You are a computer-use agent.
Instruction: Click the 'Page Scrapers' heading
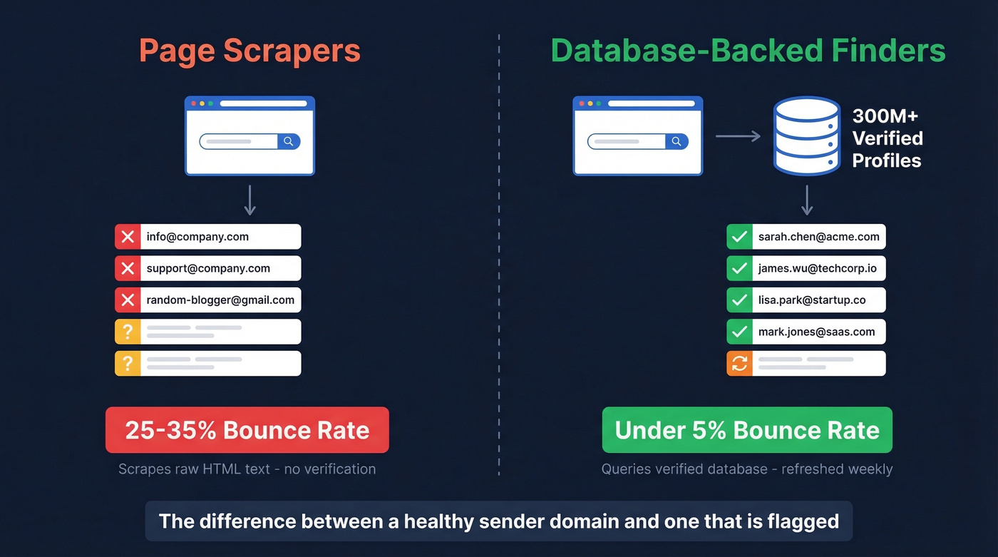[249, 51]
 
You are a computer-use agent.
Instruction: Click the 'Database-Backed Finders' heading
[748, 51]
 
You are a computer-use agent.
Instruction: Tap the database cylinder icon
[807, 136]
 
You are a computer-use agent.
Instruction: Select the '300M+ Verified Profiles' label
[887, 138]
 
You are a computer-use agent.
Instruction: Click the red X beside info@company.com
[128, 237]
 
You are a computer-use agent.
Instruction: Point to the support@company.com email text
[208, 269]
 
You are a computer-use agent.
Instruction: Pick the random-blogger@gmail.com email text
[220, 300]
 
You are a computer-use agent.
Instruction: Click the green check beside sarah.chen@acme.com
[739, 237]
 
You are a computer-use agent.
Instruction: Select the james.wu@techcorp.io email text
[817, 269]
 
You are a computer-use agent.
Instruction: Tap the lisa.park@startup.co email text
[812, 300]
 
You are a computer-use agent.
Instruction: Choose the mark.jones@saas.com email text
[816, 332]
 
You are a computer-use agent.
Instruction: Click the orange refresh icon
[739, 363]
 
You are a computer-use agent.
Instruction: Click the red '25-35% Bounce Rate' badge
[247, 430]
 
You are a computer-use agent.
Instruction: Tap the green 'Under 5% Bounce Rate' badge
[747, 430]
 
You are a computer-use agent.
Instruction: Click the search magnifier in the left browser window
[288, 141]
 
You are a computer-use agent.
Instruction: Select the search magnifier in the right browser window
[677, 141]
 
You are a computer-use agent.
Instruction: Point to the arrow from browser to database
[738, 136]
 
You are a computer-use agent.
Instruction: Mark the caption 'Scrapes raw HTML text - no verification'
[247, 469]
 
